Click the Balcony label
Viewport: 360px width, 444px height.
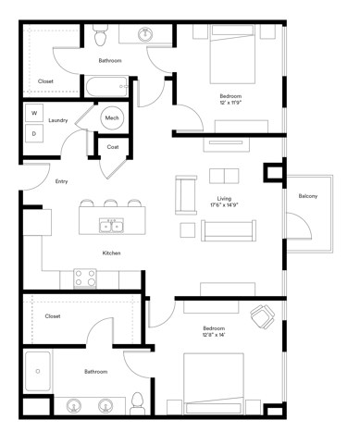pos(308,196)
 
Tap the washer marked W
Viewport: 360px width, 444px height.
pos(34,113)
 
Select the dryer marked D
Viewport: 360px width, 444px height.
pos(34,133)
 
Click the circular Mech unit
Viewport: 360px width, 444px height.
pos(112,117)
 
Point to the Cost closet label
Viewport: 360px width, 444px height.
pos(112,147)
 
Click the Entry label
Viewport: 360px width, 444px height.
pos(61,181)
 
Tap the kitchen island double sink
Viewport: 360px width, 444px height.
pos(112,225)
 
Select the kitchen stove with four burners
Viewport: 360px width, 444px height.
pos(85,277)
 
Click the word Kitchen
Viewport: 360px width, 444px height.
pos(112,253)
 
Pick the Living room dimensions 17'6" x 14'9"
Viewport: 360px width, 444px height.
pos(224,205)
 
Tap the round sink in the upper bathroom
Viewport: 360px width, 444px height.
pos(146,35)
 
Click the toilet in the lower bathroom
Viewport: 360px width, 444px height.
pos(137,401)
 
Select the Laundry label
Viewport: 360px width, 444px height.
pos(58,120)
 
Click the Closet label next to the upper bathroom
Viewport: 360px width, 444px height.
pos(45,80)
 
